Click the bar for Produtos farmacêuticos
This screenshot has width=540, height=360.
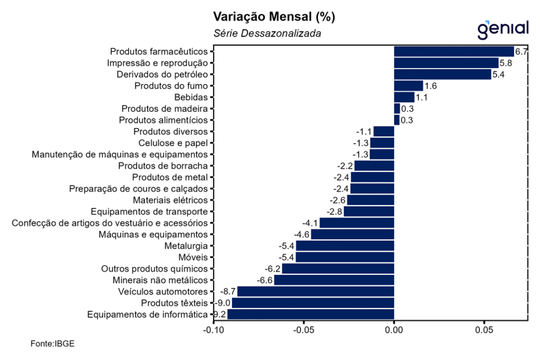(x=454, y=52)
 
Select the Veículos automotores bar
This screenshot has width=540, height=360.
(x=315, y=291)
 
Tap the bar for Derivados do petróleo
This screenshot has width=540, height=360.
(x=442, y=74)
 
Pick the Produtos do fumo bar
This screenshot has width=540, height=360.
(x=408, y=86)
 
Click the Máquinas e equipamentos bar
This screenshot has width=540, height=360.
(x=352, y=235)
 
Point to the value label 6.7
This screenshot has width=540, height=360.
(x=521, y=52)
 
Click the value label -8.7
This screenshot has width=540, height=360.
(x=228, y=291)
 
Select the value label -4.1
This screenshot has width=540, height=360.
(x=310, y=223)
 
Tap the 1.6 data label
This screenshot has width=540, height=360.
(x=430, y=86)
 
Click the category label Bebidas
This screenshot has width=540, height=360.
(x=191, y=98)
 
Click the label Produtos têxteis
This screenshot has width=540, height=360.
(x=174, y=303)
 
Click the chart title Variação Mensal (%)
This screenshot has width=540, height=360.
(x=274, y=17)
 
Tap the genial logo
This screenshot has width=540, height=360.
(x=503, y=29)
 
